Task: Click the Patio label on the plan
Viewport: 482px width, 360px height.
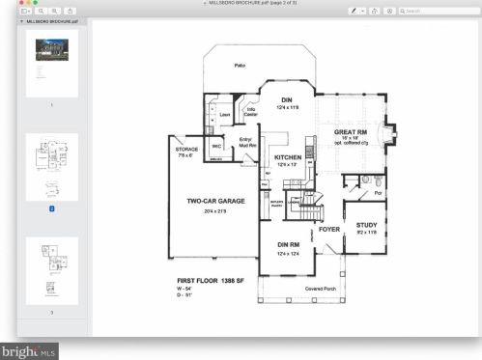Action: point(240,66)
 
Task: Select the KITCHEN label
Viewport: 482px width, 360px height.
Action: point(288,157)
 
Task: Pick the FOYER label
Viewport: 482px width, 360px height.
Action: point(329,230)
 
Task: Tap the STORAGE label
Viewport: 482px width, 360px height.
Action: point(186,150)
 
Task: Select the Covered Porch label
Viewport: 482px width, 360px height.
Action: point(320,289)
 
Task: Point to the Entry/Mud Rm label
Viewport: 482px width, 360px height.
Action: point(242,143)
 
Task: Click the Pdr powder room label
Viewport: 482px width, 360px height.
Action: point(378,192)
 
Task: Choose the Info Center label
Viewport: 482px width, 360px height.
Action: point(251,110)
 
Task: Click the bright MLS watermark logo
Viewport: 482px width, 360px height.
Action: point(30,350)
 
